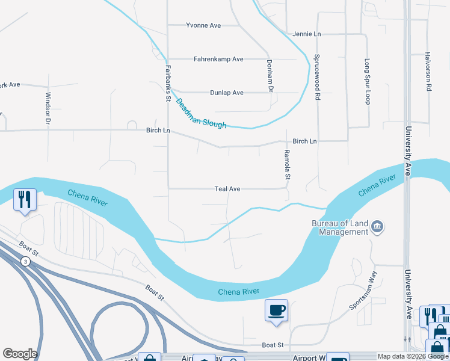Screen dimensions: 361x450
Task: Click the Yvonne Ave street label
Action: click(203, 25)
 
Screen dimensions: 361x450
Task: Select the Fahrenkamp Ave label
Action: click(218, 59)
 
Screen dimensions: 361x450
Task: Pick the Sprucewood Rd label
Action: click(316, 78)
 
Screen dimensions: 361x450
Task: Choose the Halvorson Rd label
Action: click(429, 70)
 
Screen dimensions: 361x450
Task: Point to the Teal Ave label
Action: click(227, 189)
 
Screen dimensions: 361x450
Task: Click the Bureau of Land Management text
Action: click(340, 227)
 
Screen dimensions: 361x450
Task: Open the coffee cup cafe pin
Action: click(276, 310)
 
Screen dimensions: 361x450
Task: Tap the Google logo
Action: click(20, 354)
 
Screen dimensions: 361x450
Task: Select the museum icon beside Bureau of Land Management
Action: click(377, 227)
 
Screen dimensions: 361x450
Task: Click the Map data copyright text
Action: click(413, 356)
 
